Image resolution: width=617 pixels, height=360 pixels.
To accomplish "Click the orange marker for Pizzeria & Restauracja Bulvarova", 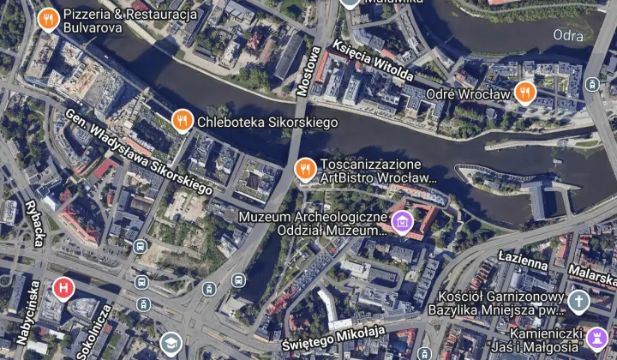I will click(48, 18).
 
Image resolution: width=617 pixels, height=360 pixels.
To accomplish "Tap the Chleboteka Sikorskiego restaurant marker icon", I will click(181, 122).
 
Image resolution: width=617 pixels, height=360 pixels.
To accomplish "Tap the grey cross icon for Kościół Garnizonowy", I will click(579, 301).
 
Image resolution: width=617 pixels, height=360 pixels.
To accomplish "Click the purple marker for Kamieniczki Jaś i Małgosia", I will click(597, 337).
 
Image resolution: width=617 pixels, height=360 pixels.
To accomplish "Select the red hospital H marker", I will click(62, 288).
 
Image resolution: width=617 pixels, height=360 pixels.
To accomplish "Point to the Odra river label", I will click(568, 35).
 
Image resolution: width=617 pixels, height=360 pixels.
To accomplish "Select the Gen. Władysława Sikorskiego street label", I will click(140, 151).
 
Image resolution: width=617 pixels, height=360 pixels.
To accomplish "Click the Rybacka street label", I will click(34, 224).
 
